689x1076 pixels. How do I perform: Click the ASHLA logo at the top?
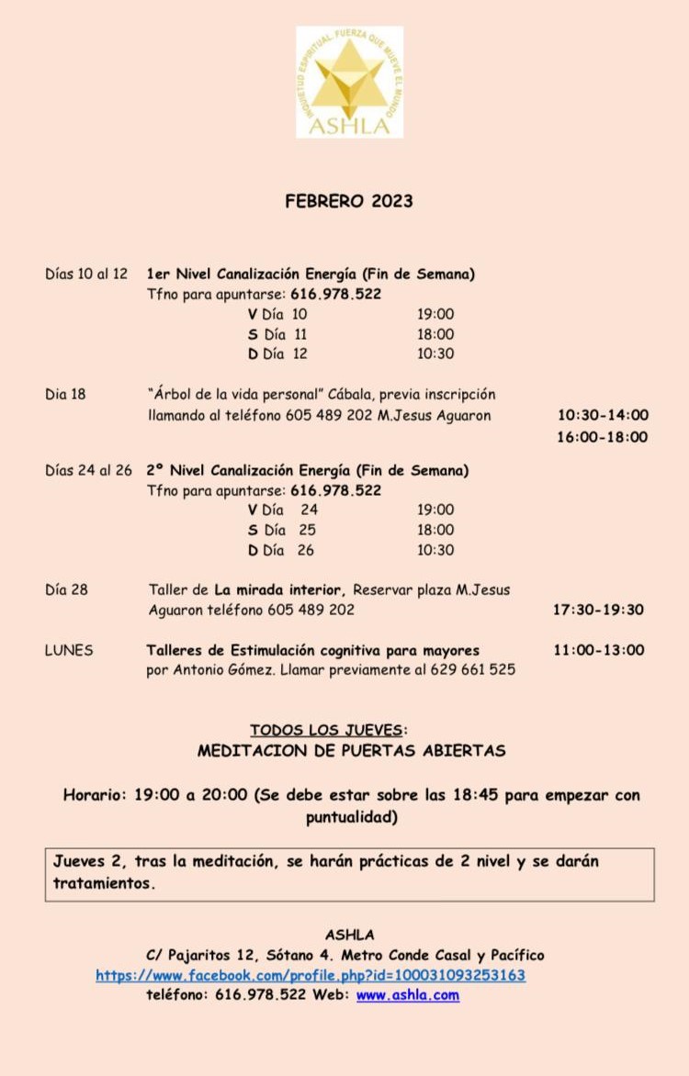point(349,82)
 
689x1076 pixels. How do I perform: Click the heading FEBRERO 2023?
point(348,201)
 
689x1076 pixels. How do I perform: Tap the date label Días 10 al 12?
point(86,274)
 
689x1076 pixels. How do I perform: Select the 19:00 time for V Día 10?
point(435,314)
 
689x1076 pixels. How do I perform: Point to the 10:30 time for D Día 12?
point(435,353)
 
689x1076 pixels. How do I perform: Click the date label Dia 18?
point(65,394)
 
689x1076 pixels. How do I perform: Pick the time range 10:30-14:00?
point(602,415)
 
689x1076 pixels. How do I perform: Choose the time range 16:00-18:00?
point(602,437)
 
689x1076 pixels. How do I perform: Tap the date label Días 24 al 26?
point(89,470)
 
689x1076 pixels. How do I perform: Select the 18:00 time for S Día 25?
point(435,530)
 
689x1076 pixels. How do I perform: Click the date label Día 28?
point(66,589)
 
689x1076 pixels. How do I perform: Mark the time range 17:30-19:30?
point(598,610)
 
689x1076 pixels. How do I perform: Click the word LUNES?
point(69,650)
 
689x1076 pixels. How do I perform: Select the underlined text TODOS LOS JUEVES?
point(326,730)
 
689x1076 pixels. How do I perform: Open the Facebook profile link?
point(311,975)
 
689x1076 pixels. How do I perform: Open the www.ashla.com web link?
point(407,994)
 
